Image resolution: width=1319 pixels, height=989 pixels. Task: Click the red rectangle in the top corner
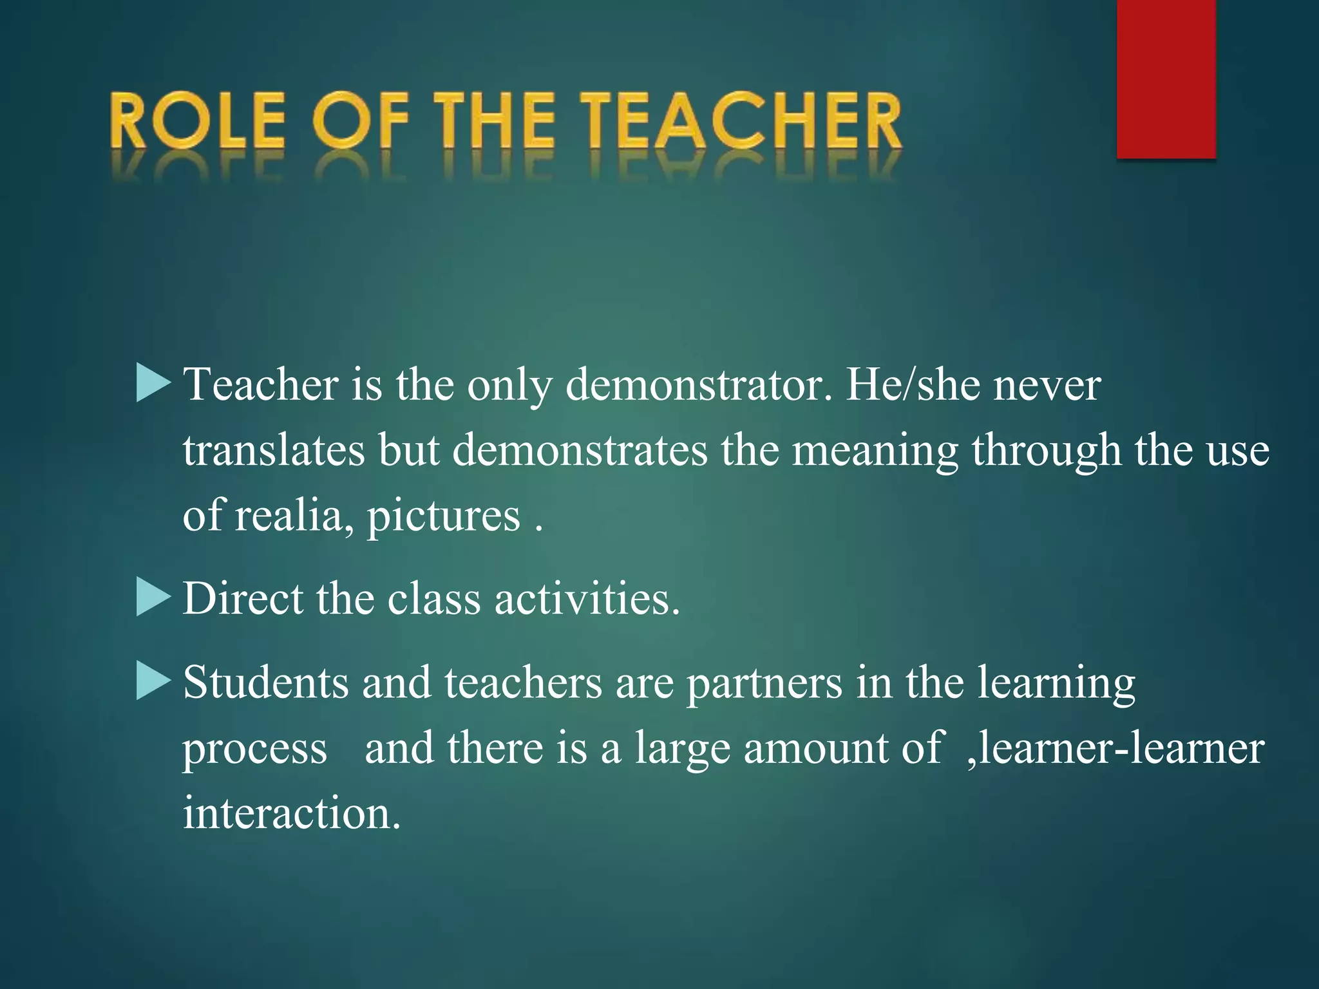tap(1166, 79)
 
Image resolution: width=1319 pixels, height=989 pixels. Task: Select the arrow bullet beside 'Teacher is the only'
tap(153, 383)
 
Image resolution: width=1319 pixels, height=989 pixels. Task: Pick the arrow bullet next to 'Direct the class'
tap(153, 598)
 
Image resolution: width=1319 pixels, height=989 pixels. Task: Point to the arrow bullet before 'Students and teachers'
tap(153, 681)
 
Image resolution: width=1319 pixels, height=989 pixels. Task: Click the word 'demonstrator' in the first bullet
tap(698, 385)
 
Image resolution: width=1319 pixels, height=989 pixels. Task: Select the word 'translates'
tap(274, 450)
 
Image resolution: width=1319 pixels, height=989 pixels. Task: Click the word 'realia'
tap(294, 516)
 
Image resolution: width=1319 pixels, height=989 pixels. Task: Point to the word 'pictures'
tap(443, 517)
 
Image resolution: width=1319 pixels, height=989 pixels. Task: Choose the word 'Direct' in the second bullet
tap(243, 599)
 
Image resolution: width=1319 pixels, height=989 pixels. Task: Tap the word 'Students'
tap(265, 683)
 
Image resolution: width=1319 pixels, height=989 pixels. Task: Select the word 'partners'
tap(764, 684)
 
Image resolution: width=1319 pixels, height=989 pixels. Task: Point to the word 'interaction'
tap(291, 813)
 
